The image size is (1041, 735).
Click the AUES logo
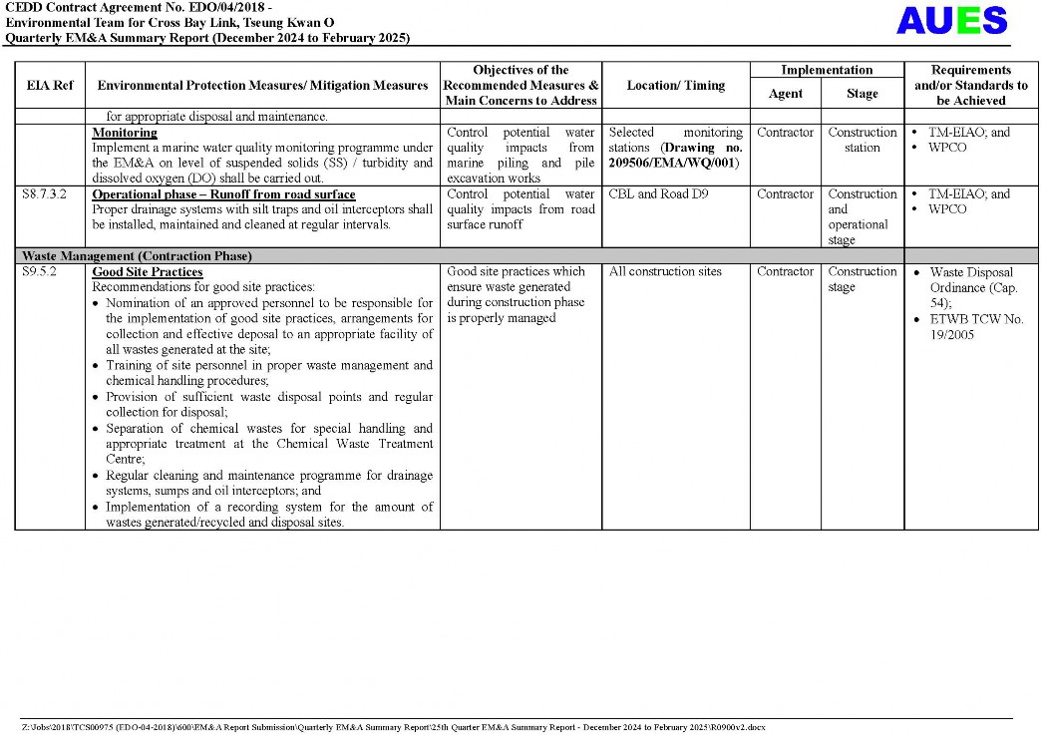951,21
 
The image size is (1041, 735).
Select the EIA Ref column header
50,86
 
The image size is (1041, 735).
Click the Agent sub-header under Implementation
785,94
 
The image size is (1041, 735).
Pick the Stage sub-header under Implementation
862,94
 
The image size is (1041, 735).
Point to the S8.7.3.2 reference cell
44,194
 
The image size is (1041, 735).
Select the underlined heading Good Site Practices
148,272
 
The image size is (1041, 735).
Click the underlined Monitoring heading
125,133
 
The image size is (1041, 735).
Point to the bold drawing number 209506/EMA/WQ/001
674,163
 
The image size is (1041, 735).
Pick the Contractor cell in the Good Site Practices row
785,272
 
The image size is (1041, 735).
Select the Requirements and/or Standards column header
970,86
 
